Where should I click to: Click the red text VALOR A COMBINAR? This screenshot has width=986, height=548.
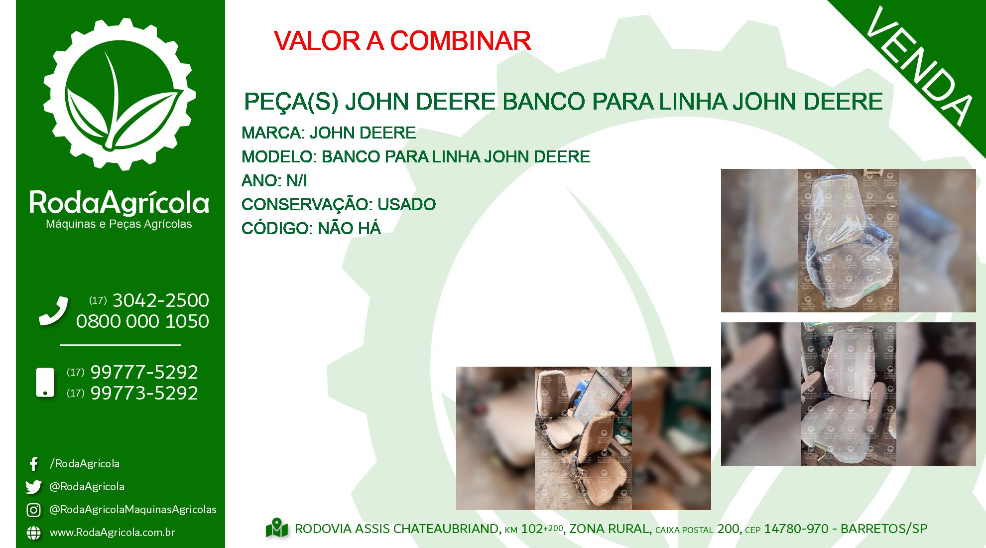click(402, 41)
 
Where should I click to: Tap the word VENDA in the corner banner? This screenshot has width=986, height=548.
click(919, 66)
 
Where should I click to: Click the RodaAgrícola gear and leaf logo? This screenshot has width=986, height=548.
click(120, 94)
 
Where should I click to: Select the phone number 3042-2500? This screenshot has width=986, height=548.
click(161, 300)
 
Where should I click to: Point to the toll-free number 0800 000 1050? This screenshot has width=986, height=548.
click(142, 321)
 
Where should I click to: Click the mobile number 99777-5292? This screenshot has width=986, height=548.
click(144, 372)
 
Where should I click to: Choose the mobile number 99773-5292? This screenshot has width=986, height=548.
click(144, 393)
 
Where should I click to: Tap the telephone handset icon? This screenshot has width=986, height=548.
click(53, 311)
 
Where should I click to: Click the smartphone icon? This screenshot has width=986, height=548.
click(45, 383)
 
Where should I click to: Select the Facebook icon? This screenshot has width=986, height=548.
click(33, 464)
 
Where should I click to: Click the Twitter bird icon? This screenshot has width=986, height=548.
click(33, 487)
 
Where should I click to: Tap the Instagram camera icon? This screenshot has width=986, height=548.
click(33, 510)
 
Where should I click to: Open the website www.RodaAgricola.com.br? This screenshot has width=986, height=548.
click(112, 533)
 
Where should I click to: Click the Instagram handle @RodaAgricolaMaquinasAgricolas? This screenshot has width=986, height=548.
click(133, 510)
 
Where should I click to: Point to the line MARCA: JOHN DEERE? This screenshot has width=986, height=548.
click(329, 133)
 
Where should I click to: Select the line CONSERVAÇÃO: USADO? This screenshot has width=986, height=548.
click(339, 205)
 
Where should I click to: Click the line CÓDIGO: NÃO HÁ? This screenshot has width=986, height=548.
click(311, 229)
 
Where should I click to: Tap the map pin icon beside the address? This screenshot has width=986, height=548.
click(277, 529)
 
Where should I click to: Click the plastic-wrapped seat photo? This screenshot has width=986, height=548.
click(849, 241)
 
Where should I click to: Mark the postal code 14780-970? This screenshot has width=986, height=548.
click(796, 529)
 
